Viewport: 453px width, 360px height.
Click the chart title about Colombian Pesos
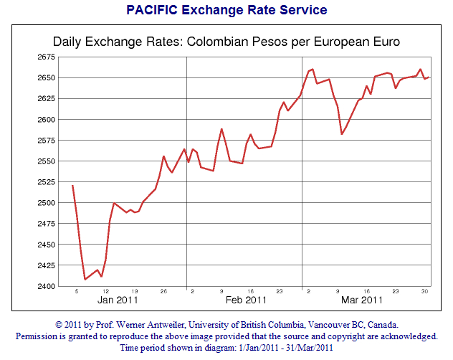click(x=226, y=42)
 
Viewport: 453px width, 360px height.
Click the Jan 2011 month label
click(x=118, y=300)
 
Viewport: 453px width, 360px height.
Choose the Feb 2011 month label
click(x=246, y=300)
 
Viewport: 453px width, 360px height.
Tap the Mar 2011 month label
click(x=362, y=300)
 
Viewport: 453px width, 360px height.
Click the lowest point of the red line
click(x=85, y=279)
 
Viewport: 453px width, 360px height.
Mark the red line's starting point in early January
click(x=72, y=186)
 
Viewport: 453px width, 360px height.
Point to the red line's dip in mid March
click(x=342, y=134)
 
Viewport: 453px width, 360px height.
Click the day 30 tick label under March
click(x=424, y=291)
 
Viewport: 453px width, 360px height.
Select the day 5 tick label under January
click(x=76, y=291)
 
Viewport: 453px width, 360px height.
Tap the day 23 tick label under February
click(x=280, y=291)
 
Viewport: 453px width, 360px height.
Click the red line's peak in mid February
click(x=221, y=129)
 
